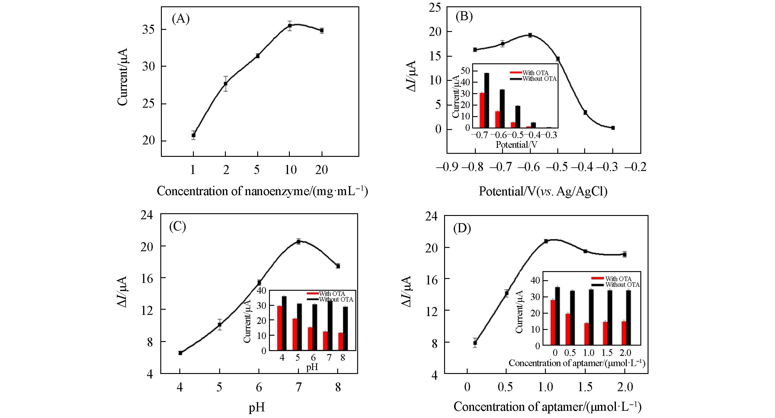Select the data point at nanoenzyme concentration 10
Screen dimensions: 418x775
[x=290, y=26]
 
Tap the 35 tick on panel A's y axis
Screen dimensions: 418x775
[x=149, y=30]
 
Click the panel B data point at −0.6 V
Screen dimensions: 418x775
[x=530, y=35]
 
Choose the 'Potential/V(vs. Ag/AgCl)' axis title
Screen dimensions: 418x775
[x=543, y=191]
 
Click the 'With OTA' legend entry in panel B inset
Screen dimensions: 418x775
[x=533, y=73]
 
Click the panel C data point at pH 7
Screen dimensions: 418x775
[x=298, y=241]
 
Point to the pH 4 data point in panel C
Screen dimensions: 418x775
[x=180, y=353]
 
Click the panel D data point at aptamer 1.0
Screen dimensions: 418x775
[x=546, y=241]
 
